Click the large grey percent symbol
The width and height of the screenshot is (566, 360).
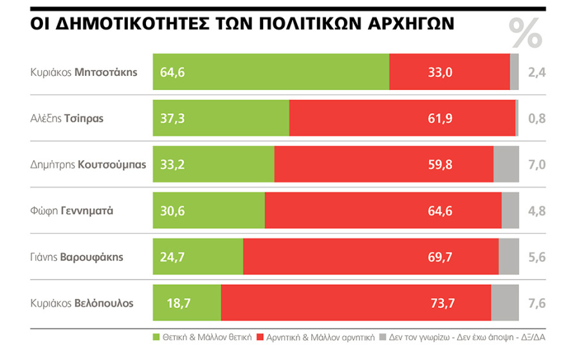(x=525, y=33)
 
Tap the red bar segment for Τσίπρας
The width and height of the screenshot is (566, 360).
(x=402, y=118)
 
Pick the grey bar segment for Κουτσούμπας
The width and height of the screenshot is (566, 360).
(x=506, y=165)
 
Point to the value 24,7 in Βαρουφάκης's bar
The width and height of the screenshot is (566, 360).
(x=172, y=257)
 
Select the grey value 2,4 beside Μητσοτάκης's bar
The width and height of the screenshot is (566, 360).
(x=536, y=72)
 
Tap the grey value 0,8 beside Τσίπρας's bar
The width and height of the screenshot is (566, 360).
(x=536, y=118)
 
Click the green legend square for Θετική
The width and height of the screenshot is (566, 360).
(x=156, y=336)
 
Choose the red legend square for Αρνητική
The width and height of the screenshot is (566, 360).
(x=260, y=336)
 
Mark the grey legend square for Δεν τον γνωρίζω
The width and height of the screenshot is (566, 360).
(x=382, y=336)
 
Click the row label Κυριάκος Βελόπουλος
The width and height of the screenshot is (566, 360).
(x=82, y=303)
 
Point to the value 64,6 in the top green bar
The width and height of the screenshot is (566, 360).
(x=172, y=72)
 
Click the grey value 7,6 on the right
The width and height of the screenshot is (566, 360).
(x=536, y=303)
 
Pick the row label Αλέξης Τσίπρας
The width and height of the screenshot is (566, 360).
(x=67, y=118)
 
